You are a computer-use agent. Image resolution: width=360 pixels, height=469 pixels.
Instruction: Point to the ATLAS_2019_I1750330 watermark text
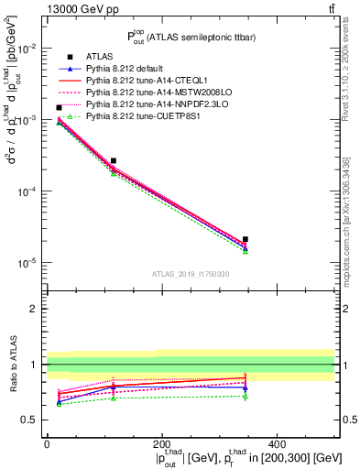(x=191, y=274)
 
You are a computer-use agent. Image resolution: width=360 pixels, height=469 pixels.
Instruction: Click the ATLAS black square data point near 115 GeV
(x=114, y=161)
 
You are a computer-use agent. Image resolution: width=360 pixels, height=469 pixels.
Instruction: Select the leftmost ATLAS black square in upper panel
(x=60, y=108)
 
